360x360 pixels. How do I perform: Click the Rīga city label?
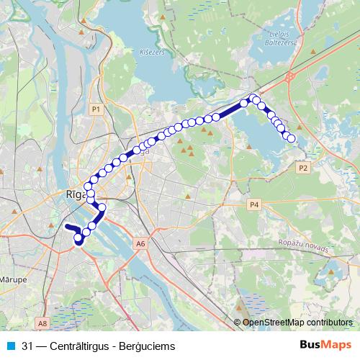pyautogui.click(x=75, y=194)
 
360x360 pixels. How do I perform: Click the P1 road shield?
pyautogui.click(x=96, y=108)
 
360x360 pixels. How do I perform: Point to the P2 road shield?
pyautogui.click(x=303, y=167)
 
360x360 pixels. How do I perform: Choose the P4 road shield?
pyautogui.click(x=253, y=205)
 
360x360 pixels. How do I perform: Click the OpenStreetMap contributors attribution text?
pyautogui.click(x=297, y=323)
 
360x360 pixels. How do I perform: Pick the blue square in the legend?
pyautogui.click(x=11, y=346)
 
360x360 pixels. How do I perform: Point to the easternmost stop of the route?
pyautogui.click(x=292, y=139)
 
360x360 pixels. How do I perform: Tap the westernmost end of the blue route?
pyautogui.click(x=66, y=227)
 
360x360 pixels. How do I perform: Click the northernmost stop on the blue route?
pyautogui.click(x=253, y=96)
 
